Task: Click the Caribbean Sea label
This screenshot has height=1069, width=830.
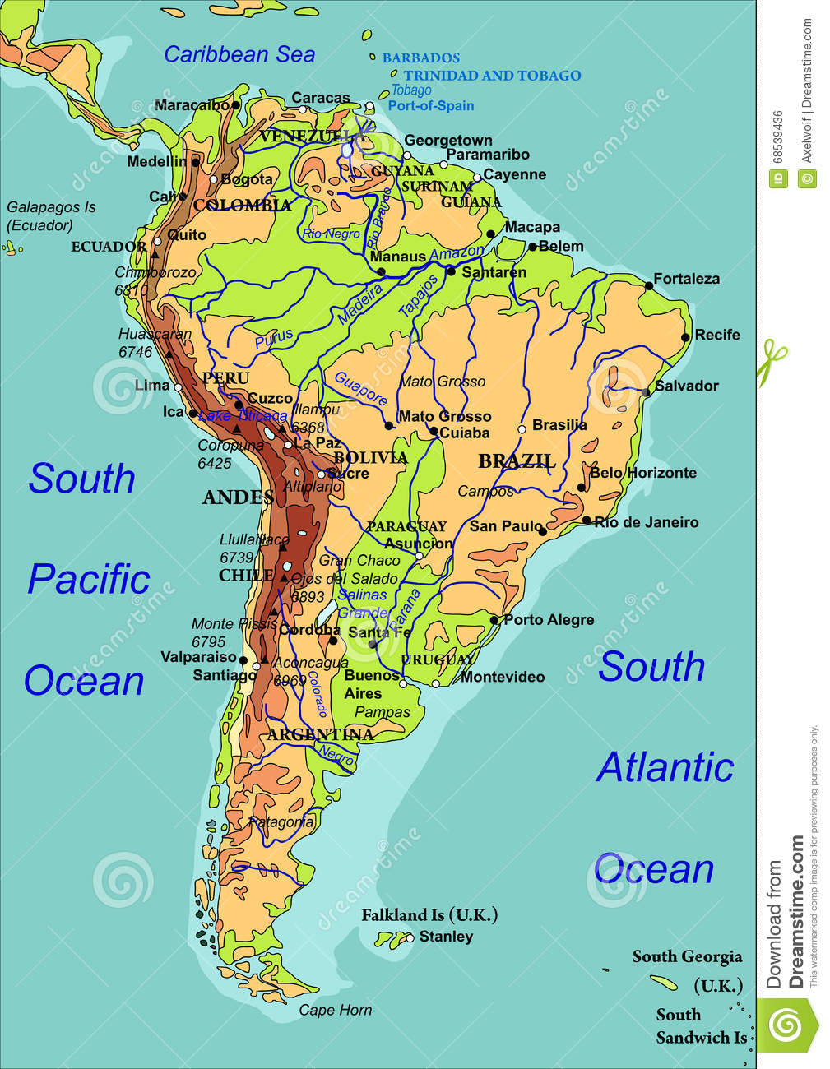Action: (239, 54)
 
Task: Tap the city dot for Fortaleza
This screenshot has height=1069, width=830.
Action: (649, 285)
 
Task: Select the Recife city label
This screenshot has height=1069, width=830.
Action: (717, 335)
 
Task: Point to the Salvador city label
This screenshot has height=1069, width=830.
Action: (687, 386)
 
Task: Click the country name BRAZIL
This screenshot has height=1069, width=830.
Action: (517, 460)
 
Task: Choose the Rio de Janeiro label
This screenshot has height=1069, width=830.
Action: (647, 522)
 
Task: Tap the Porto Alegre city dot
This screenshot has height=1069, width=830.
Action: (494, 620)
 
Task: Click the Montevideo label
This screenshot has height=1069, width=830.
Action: (503, 677)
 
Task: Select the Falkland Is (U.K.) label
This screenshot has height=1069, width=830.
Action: (429, 915)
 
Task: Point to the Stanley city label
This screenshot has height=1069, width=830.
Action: (446, 937)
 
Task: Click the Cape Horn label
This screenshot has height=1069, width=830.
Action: (335, 1010)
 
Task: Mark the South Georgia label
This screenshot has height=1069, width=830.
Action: (687, 956)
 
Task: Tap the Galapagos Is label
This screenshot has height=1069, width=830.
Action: (51, 207)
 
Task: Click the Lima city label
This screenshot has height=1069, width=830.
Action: (152, 385)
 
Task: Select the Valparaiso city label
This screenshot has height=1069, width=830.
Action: (198, 657)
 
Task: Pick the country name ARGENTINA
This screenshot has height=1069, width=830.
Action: (320, 734)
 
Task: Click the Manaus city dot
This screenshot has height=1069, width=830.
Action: (381, 271)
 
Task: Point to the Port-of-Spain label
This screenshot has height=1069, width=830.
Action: (431, 105)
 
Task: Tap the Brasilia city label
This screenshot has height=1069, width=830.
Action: (559, 425)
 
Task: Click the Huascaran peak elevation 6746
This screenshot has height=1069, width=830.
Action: (135, 352)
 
